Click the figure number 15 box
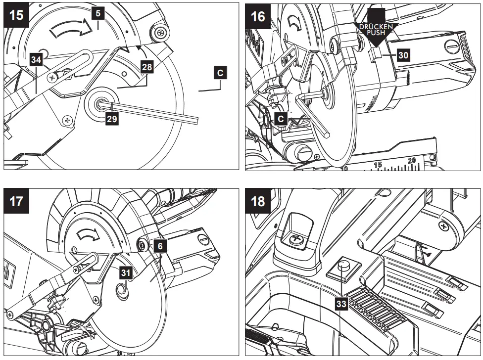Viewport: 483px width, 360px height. pyautogui.click(x=16, y=15)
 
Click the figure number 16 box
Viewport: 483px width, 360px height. pyautogui.click(x=258, y=15)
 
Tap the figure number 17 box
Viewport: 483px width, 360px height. pyautogui.click(x=16, y=202)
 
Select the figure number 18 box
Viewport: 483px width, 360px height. pyautogui.click(x=258, y=202)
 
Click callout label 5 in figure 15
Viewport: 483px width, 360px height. pyautogui.click(x=98, y=13)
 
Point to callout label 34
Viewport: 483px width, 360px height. pyautogui.click(x=36, y=60)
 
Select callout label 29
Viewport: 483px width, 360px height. pyautogui.click(x=112, y=120)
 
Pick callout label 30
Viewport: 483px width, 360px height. pyautogui.click(x=403, y=55)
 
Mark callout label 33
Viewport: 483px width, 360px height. pyautogui.click(x=341, y=304)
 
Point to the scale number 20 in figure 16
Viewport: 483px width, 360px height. pyautogui.click(x=412, y=160)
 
